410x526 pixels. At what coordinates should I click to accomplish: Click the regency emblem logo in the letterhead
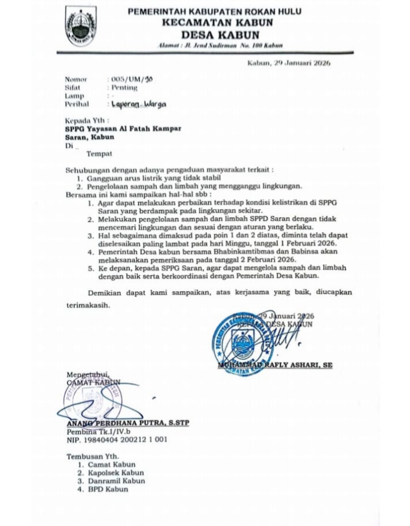(80, 27)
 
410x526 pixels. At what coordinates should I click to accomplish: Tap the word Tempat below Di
(99, 154)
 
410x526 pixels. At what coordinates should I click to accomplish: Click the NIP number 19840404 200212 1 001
(117, 440)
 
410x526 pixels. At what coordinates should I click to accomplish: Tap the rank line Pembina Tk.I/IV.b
(98, 432)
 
